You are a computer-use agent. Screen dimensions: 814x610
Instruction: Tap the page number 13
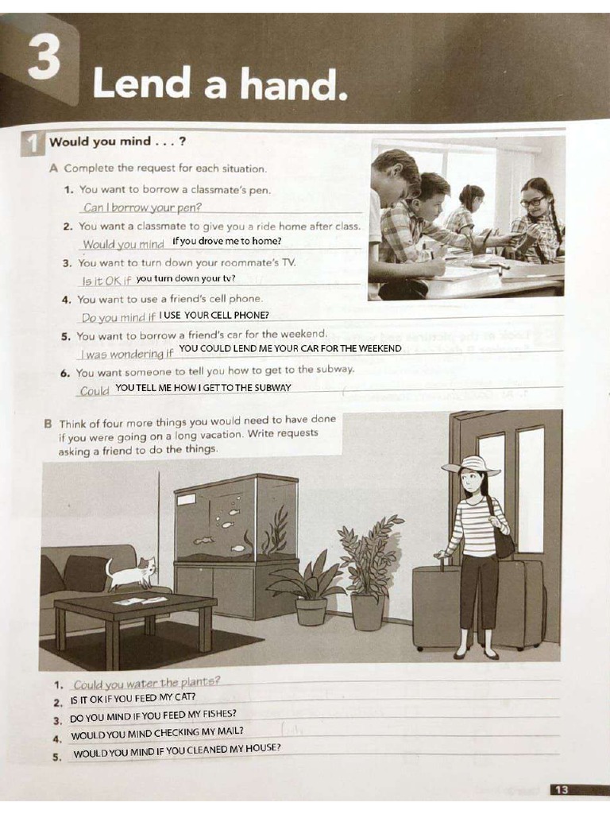tap(561, 789)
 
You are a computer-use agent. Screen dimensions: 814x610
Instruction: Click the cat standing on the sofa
tap(132, 571)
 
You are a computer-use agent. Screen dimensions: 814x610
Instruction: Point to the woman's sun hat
tap(471, 465)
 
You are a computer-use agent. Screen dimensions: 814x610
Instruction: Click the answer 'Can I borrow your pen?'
tap(141, 208)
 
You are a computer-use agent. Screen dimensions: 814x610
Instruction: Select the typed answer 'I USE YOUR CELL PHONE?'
tap(214, 316)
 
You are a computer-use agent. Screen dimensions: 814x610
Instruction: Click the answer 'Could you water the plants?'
tap(146, 682)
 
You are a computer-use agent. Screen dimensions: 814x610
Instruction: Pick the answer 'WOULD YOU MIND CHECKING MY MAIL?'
tap(156, 731)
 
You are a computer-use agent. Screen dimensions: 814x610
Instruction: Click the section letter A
tap(54, 169)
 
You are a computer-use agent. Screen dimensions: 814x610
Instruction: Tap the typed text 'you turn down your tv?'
tap(185, 279)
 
